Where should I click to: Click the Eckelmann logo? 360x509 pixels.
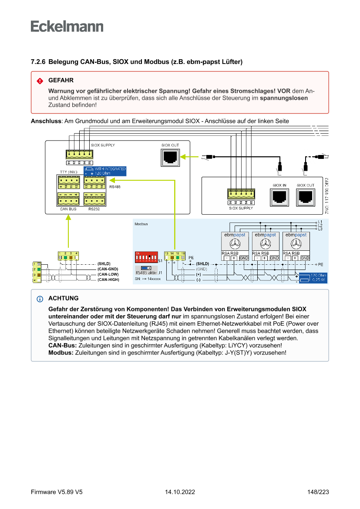[67, 26]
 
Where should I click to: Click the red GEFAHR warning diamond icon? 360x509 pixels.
[40, 81]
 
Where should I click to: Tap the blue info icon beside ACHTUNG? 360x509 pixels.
[40, 299]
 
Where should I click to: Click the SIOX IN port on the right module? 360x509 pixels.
[279, 197]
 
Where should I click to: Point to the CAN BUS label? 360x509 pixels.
[68, 209]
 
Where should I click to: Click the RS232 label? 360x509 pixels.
[94, 209]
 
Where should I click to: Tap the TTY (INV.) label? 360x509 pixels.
[68, 172]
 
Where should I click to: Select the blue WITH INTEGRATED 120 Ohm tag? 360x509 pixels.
[105, 171]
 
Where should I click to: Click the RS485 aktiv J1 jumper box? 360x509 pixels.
[146, 270]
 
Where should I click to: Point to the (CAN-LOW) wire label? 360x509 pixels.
[108, 274]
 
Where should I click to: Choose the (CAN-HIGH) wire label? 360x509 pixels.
[108, 280]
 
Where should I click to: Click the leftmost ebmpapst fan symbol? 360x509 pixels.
[235, 243]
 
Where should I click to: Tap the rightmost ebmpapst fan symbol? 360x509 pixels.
[296, 243]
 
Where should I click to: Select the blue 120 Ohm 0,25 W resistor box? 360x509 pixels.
[313, 278]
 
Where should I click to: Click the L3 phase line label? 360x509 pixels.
[320, 229]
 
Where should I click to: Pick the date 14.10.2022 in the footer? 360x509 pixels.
[180, 492]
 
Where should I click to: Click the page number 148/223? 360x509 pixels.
[318, 492]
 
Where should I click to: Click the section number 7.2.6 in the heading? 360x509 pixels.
[39, 62]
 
